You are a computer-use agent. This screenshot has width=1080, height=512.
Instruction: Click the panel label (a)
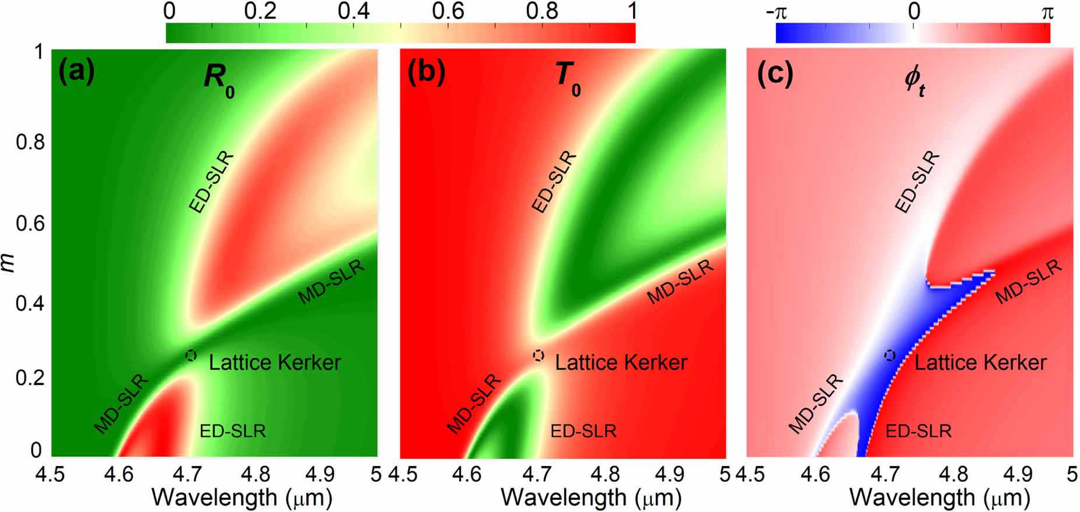[x=76, y=72]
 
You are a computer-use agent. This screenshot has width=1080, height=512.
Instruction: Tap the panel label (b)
[x=426, y=72]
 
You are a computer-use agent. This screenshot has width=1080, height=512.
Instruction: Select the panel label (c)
[x=774, y=72]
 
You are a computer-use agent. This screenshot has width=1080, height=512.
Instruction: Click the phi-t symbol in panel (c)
[x=914, y=81]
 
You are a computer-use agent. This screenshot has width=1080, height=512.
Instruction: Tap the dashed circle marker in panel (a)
[x=191, y=355]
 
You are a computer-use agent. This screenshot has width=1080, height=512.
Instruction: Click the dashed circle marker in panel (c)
[x=889, y=355]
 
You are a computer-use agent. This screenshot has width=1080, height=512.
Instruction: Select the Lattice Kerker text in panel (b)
[x=621, y=363]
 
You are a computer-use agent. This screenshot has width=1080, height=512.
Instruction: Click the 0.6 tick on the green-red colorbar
[x=448, y=11]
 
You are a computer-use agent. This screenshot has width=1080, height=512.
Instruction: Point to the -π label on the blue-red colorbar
[x=777, y=11]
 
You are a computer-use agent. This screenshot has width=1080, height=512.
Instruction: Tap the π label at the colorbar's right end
[x=1047, y=11]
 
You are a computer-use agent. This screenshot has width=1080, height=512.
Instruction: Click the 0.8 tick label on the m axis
[x=30, y=142]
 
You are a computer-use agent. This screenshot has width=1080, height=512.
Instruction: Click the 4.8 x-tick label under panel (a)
[x=254, y=474]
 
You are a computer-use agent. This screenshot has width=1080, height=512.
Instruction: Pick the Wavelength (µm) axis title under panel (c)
[x=939, y=498]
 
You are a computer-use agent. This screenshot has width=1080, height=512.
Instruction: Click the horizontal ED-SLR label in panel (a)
[x=232, y=431]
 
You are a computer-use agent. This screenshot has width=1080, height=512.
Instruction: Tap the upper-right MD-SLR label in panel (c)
[x=1028, y=282]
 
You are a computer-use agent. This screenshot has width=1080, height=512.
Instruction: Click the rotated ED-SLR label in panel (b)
[x=554, y=182]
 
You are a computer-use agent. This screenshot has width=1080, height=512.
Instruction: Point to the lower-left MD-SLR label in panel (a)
[x=121, y=405]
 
